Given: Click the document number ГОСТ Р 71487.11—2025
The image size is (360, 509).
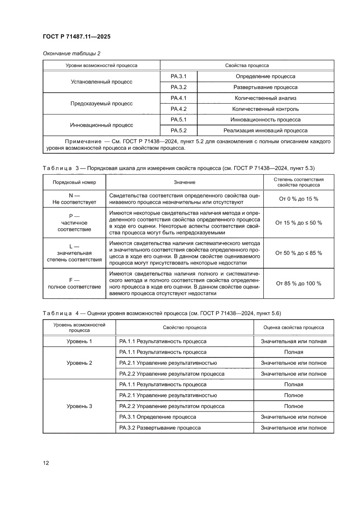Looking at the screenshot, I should coord(76,37).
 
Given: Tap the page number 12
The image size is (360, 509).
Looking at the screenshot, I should coord(46,462).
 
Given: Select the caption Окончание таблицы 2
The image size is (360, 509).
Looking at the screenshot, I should coord(71,54).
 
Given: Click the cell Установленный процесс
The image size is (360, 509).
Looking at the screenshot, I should coord(101,81).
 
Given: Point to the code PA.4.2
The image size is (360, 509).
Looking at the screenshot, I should coord(178,109).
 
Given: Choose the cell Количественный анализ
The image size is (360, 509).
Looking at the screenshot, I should coord(265,98).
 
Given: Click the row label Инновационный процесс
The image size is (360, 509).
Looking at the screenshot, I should coord(101,125).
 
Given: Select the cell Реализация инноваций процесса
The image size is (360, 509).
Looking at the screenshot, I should coord(265,130).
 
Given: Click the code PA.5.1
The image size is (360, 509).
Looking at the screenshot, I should coord(178,119).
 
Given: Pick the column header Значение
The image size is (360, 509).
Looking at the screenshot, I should coord(185,182).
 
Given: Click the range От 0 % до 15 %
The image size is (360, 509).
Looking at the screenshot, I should coord(299,199).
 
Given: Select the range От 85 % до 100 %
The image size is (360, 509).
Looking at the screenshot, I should coord(299,283).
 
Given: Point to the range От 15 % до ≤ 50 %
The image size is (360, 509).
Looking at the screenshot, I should coord(299,222).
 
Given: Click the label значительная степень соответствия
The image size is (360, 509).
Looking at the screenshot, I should coord(74,256).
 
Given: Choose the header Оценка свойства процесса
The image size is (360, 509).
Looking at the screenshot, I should coord(293,327).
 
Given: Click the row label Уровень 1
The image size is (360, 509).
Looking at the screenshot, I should coord(79,341).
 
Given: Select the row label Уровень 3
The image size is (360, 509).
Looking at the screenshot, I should coord(79,406).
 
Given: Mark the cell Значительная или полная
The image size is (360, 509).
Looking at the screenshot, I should coord(293,341).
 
